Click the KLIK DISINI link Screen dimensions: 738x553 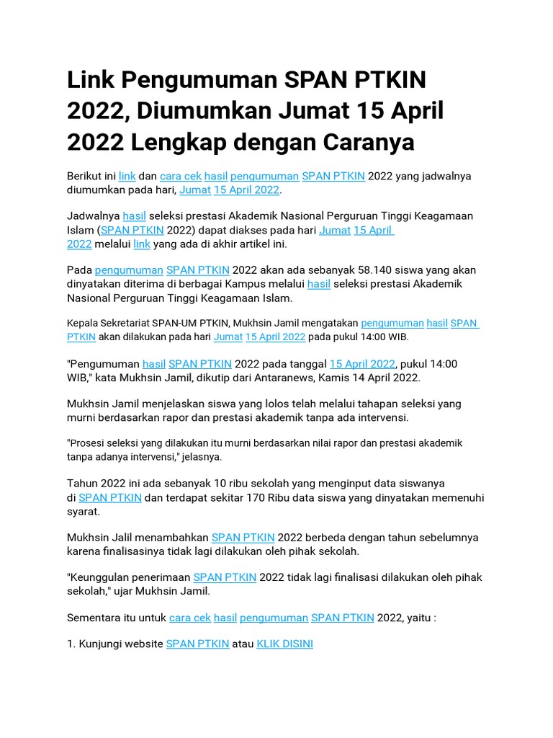(x=284, y=644)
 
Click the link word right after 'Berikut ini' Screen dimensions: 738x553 (x=127, y=176)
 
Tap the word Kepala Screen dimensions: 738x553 (x=83, y=324)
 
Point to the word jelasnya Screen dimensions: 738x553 (x=204, y=457)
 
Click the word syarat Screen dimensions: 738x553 (x=83, y=511)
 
